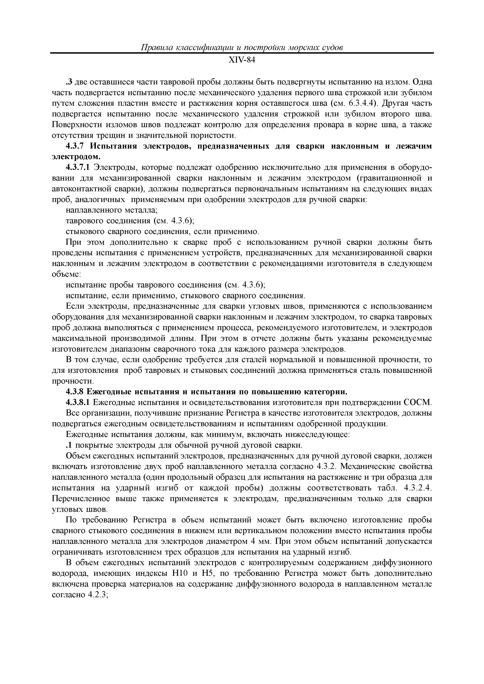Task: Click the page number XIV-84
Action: point(242,60)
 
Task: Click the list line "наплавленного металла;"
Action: point(111,211)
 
